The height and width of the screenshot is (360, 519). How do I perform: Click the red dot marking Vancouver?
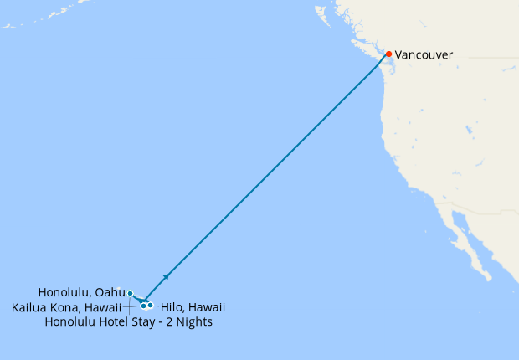pyautogui.click(x=388, y=54)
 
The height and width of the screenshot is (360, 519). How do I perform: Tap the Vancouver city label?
pyautogui.click(x=424, y=55)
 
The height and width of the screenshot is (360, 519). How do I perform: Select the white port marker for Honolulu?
pyautogui.click(x=130, y=293)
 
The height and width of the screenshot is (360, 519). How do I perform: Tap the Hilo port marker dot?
pyautogui.click(x=150, y=305)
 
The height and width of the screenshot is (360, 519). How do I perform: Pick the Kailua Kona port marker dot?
pyautogui.click(x=143, y=306)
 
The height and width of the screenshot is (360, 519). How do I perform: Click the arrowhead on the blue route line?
pyautogui.click(x=167, y=275)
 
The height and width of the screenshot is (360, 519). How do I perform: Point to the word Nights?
pyautogui.click(x=193, y=322)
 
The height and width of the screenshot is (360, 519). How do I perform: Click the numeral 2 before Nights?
pyautogui.click(x=167, y=322)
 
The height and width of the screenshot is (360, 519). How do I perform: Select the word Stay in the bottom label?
pyautogui.click(x=143, y=322)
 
